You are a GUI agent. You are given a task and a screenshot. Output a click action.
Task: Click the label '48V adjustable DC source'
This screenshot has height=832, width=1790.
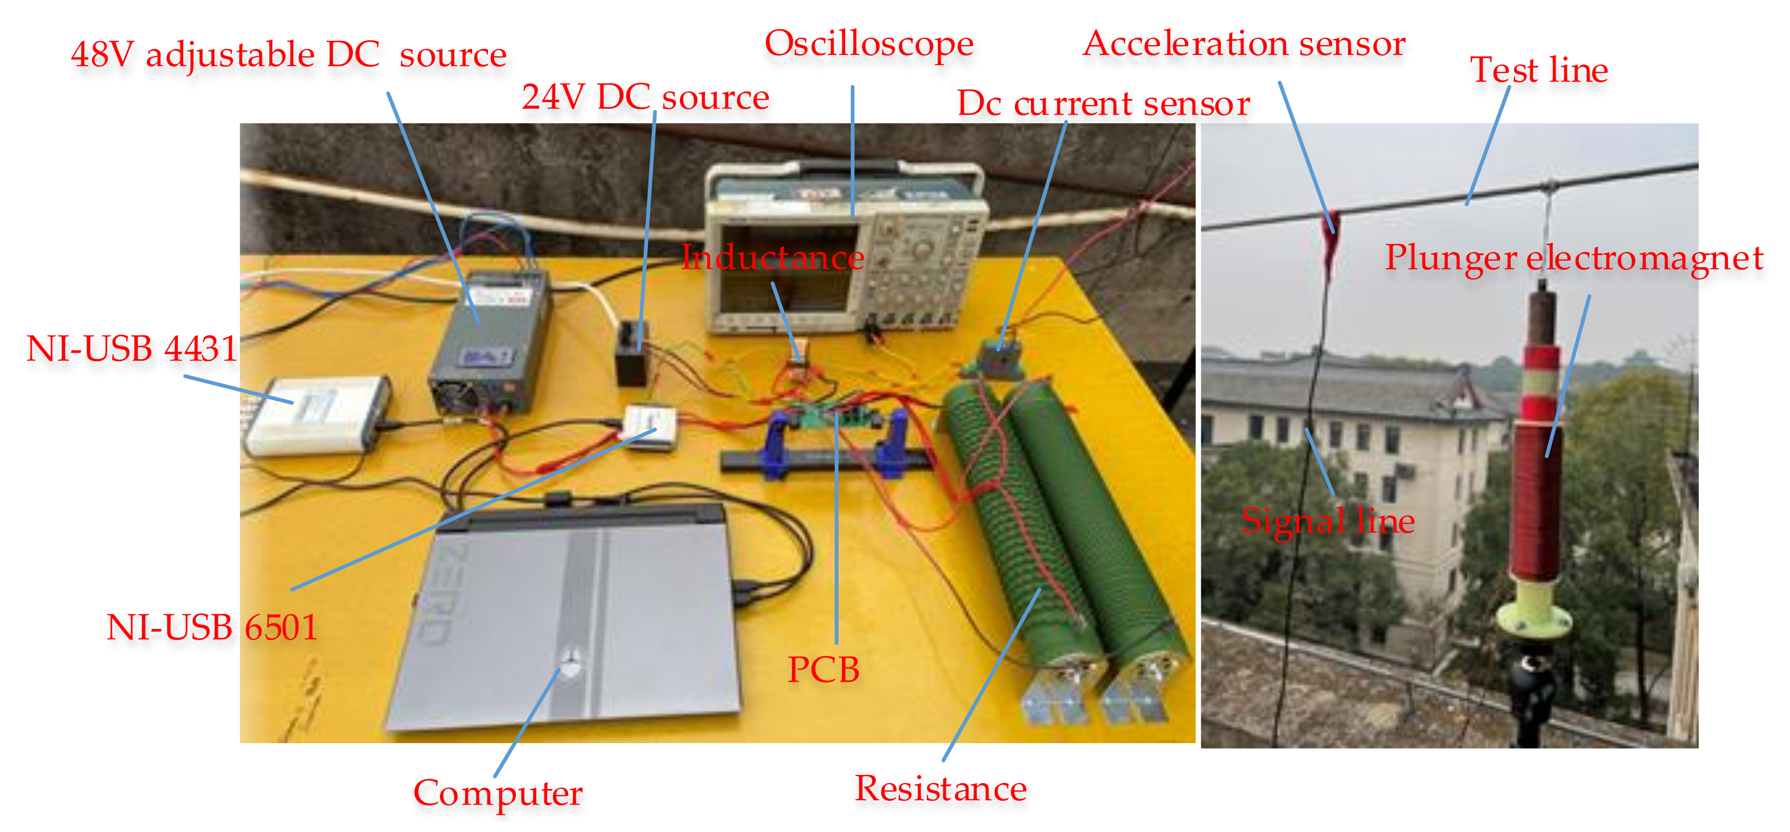point(288,54)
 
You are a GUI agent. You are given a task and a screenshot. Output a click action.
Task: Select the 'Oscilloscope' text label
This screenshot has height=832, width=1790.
point(869,44)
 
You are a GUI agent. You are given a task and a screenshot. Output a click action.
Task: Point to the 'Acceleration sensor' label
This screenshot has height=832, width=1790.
point(1244,44)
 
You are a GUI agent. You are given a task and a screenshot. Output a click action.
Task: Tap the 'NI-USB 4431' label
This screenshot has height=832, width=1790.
point(132,348)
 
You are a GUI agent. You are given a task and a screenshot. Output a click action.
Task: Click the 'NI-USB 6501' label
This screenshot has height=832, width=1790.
point(212,628)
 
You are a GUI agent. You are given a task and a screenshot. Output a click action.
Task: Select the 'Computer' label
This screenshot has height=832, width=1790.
point(497,792)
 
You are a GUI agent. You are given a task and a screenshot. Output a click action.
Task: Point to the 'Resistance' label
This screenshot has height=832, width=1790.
point(940,789)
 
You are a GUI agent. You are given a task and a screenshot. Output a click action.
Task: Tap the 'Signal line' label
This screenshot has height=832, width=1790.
point(1327,521)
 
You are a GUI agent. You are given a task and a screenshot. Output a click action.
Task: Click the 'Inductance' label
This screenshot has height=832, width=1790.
point(773,257)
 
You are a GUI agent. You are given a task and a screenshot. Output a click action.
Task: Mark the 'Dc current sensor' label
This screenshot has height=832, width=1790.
point(1103,104)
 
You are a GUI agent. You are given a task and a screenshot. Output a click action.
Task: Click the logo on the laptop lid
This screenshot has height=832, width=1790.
point(570,663)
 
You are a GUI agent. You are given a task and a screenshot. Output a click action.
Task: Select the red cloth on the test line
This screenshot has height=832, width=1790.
point(1331,243)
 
